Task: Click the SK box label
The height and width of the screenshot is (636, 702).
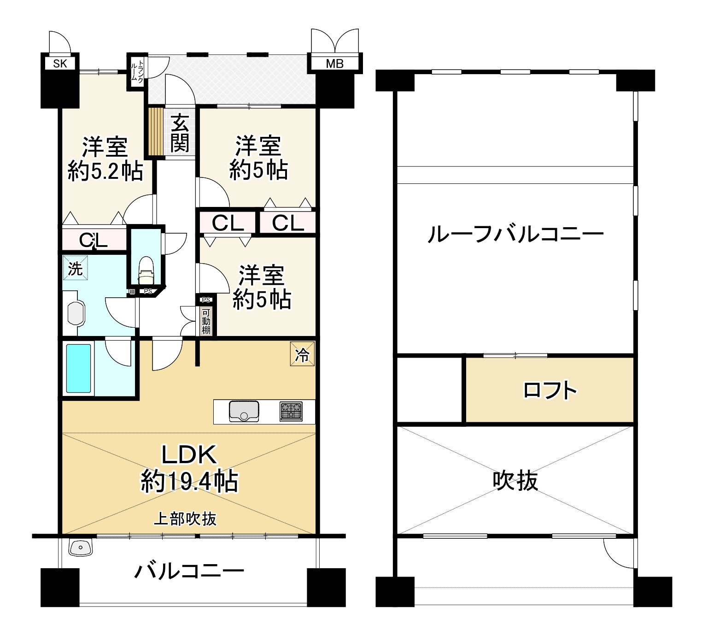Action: [x=60, y=64]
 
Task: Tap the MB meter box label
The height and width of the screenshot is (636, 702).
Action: [x=334, y=64]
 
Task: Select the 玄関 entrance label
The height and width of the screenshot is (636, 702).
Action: [x=179, y=133]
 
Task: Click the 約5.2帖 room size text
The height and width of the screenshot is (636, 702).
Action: [x=105, y=172]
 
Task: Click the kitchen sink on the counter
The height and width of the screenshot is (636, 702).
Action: [x=244, y=411]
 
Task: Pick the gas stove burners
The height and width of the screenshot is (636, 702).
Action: [x=291, y=412]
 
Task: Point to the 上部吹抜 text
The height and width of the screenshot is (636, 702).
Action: [x=185, y=519]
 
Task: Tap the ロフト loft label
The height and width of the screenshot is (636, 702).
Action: [x=550, y=390]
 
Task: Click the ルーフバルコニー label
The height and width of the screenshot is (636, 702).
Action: [x=515, y=235]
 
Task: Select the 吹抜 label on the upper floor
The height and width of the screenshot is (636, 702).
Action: [x=515, y=481]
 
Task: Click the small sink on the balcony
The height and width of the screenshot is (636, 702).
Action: [x=81, y=548]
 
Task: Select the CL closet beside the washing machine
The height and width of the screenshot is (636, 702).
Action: [x=94, y=240]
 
